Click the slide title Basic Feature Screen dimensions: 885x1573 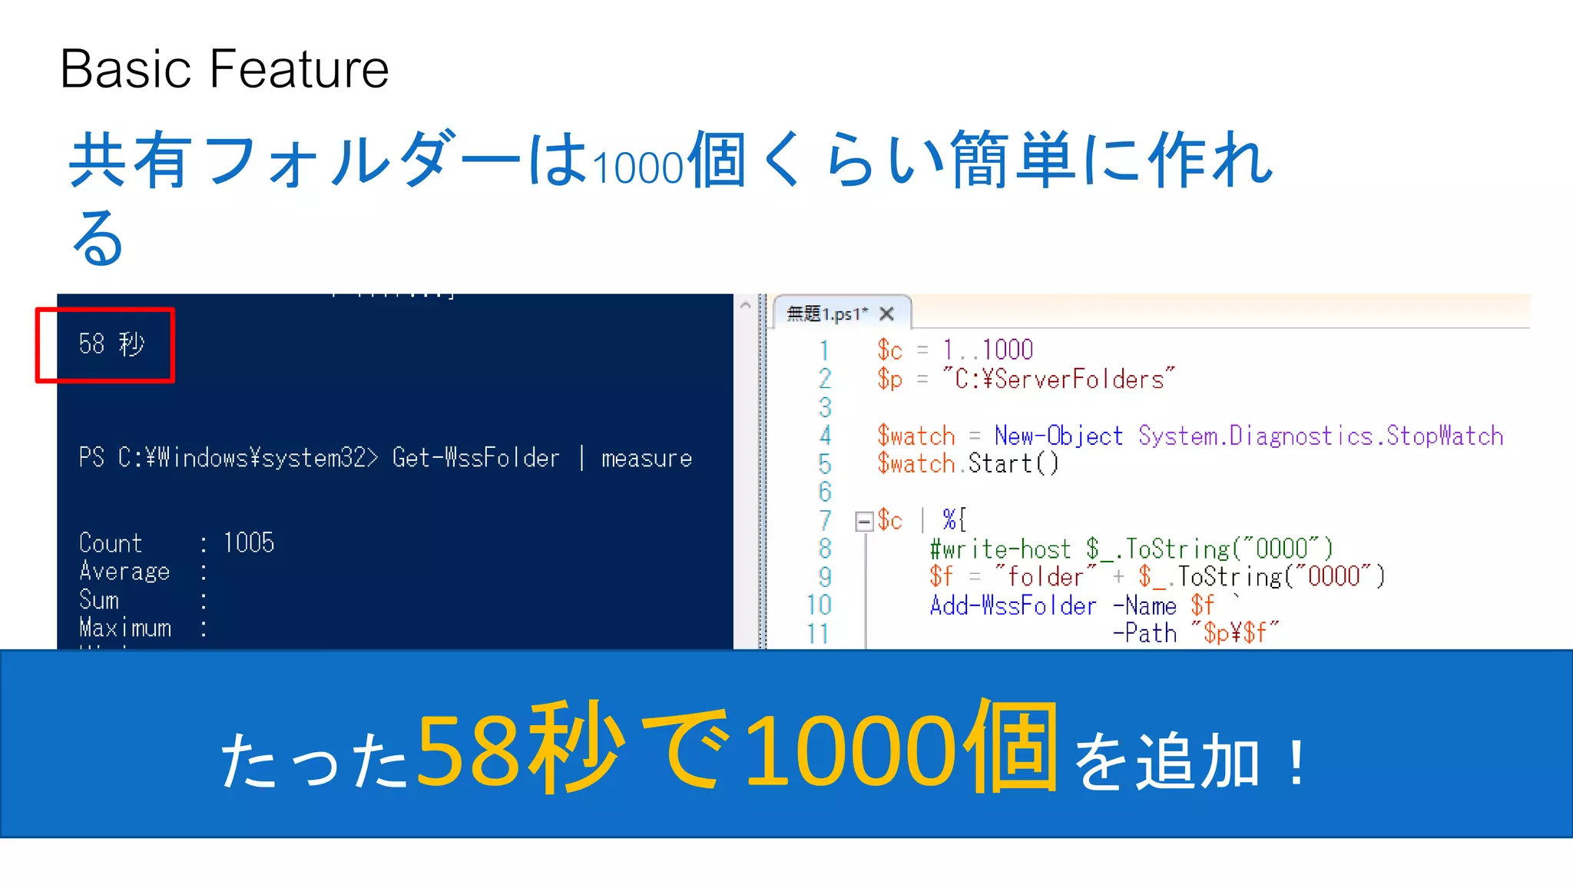point(224,69)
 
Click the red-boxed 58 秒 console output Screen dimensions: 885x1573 point(111,344)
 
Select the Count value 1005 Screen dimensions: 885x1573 point(248,543)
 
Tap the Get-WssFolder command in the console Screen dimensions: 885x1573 point(475,458)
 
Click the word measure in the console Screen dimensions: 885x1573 point(646,459)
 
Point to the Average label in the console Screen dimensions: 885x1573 point(124,572)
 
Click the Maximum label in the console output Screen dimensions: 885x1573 point(125,628)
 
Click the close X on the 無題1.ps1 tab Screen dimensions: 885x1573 point(886,313)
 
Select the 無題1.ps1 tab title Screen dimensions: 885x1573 point(826,313)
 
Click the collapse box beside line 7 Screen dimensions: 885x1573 point(864,522)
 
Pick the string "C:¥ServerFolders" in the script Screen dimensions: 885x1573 point(1059,379)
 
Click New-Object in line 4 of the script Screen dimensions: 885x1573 point(1058,436)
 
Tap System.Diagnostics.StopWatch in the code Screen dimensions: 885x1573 point(1320,436)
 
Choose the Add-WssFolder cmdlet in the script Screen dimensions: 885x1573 point(1013,605)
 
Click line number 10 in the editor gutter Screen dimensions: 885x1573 point(819,605)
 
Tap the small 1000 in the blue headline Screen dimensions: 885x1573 point(638,167)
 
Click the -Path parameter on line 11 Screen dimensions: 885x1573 point(1144,634)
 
